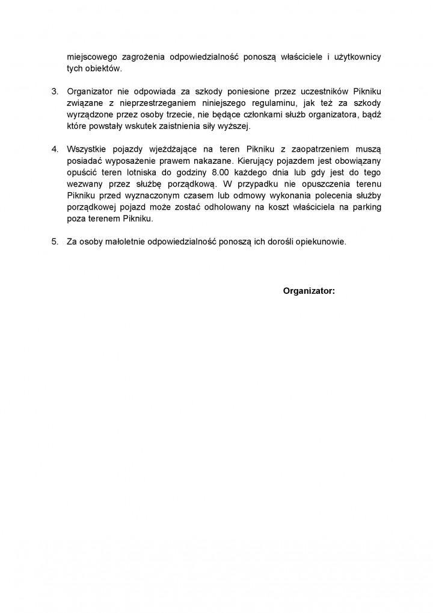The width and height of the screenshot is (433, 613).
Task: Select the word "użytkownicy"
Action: pyautogui.click(x=355, y=57)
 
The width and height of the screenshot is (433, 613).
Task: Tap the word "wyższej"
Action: pyautogui.click(x=239, y=126)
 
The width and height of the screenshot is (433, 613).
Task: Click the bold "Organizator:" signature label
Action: pyautogui.click(x=309, y=291)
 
